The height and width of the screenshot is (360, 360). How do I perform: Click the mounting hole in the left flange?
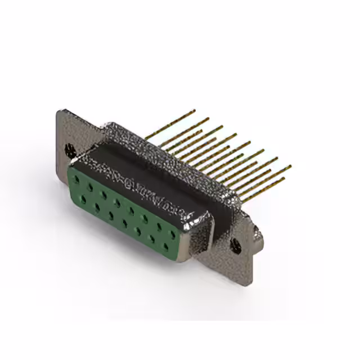70,150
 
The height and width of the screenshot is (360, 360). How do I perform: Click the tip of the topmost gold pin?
194,110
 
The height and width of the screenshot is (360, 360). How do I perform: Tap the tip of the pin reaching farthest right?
290,166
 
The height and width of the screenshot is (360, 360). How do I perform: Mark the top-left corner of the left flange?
59,111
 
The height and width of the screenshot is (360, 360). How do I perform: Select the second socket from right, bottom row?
151,239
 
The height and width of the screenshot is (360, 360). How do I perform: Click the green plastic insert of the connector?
118,211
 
